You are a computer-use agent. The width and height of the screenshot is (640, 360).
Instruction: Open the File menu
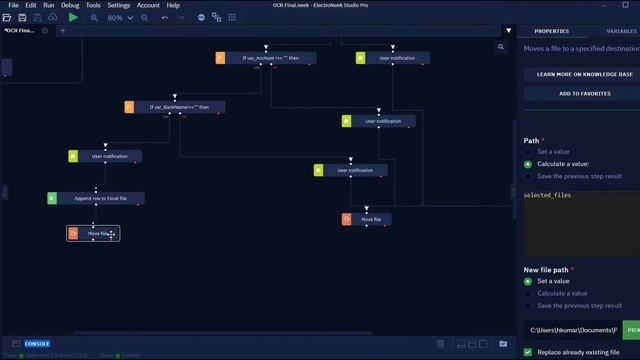click(x=14, y=5)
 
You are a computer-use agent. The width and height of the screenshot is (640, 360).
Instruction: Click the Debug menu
click(x=70, y=5)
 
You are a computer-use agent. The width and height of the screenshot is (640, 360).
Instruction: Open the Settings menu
click(x=119, y=5)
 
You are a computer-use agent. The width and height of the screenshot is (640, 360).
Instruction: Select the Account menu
click(x=148, y=5)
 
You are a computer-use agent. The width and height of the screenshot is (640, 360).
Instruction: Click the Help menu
click(x=174, y=5)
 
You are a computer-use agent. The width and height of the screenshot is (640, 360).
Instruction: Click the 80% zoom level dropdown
click(x=117, y=17)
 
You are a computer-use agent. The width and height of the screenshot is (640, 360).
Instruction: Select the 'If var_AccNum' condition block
click(x=270, y=58)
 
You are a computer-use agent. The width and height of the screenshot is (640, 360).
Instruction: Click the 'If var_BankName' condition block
click(x=180, y=107)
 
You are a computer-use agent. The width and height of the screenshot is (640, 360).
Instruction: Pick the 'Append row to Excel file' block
click(x=100, y=198)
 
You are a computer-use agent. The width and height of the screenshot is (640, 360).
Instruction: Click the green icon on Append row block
click(x=52, y=198)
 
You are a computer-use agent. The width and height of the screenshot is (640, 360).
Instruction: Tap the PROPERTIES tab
click(x=551, y=31)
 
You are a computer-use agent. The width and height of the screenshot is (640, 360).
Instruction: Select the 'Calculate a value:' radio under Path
click(x=528, y=164)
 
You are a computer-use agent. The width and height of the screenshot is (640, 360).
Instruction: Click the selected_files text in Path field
click(x=548, y=196)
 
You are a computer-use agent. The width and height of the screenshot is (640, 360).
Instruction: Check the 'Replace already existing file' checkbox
click(x=528, y=352)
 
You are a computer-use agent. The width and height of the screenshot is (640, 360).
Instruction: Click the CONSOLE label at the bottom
click(x=36, y=343)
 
